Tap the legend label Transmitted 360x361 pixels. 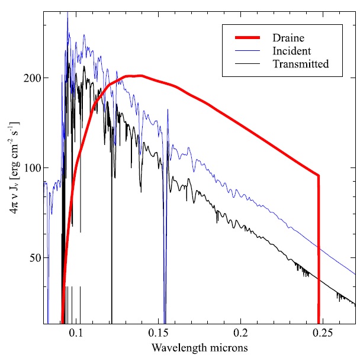coord(301,63)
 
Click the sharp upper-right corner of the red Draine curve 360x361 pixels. coord(319,175)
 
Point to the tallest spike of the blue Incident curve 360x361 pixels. coord(67,14)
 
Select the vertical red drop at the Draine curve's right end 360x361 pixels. coord(319,249)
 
